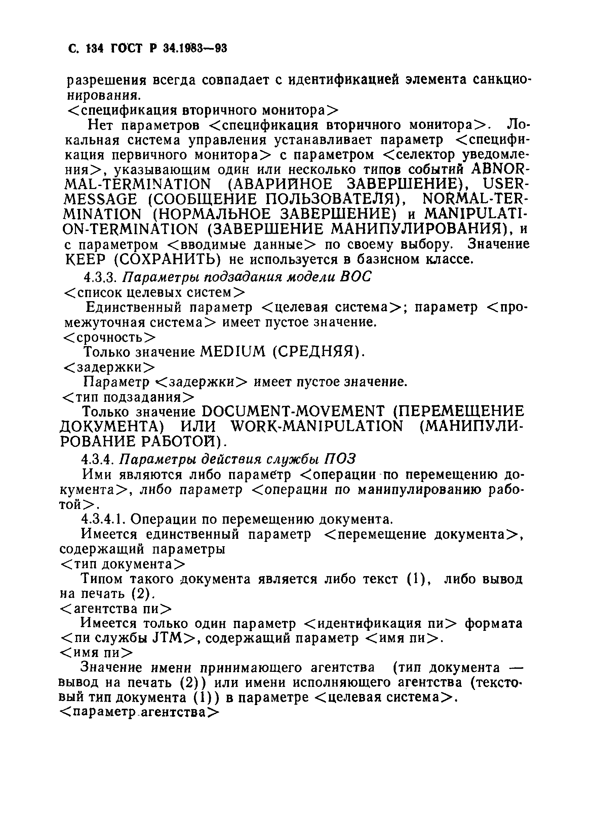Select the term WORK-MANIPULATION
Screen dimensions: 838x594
click(317, 426)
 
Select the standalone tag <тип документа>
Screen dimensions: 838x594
click(122, 564)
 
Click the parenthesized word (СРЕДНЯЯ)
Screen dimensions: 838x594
click(318, 352)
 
